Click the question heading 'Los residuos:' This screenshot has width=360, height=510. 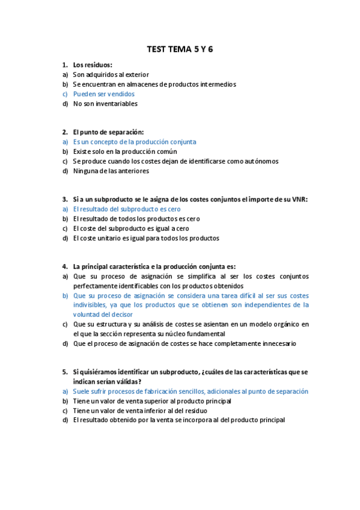(x=93, y=65)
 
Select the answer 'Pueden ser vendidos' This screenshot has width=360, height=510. (x=103, y=94)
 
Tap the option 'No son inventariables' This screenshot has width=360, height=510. (x=105, y=103)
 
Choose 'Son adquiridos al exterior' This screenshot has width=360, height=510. (x=111, y=75)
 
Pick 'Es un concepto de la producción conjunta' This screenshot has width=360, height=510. (x=134, y=142)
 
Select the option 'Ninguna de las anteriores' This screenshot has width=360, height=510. (x=111, y=171)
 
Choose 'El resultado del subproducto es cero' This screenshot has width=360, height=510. (x=126, y=209)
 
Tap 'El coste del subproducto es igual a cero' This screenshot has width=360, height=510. (x=130, y=229)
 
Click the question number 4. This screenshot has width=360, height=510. (x=64, y=266)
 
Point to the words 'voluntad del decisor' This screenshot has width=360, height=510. (x=103, y=315)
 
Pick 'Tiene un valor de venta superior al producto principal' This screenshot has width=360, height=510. (x=152, y=401)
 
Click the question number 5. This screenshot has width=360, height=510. (x=64, y=372)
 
